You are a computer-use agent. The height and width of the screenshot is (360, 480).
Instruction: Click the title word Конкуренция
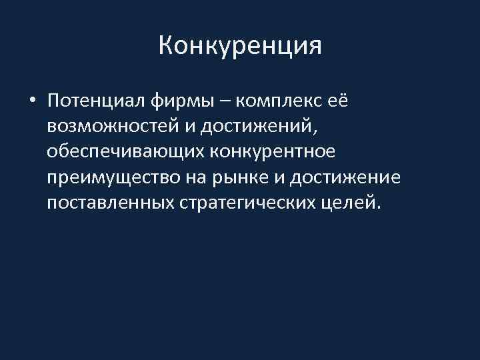click(241, 46)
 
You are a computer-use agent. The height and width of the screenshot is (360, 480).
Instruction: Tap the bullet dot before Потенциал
click(32, 101)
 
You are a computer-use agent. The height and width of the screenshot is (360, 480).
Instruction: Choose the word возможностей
click(111, 127)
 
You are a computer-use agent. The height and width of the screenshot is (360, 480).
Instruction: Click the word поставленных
click(110, 203)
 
